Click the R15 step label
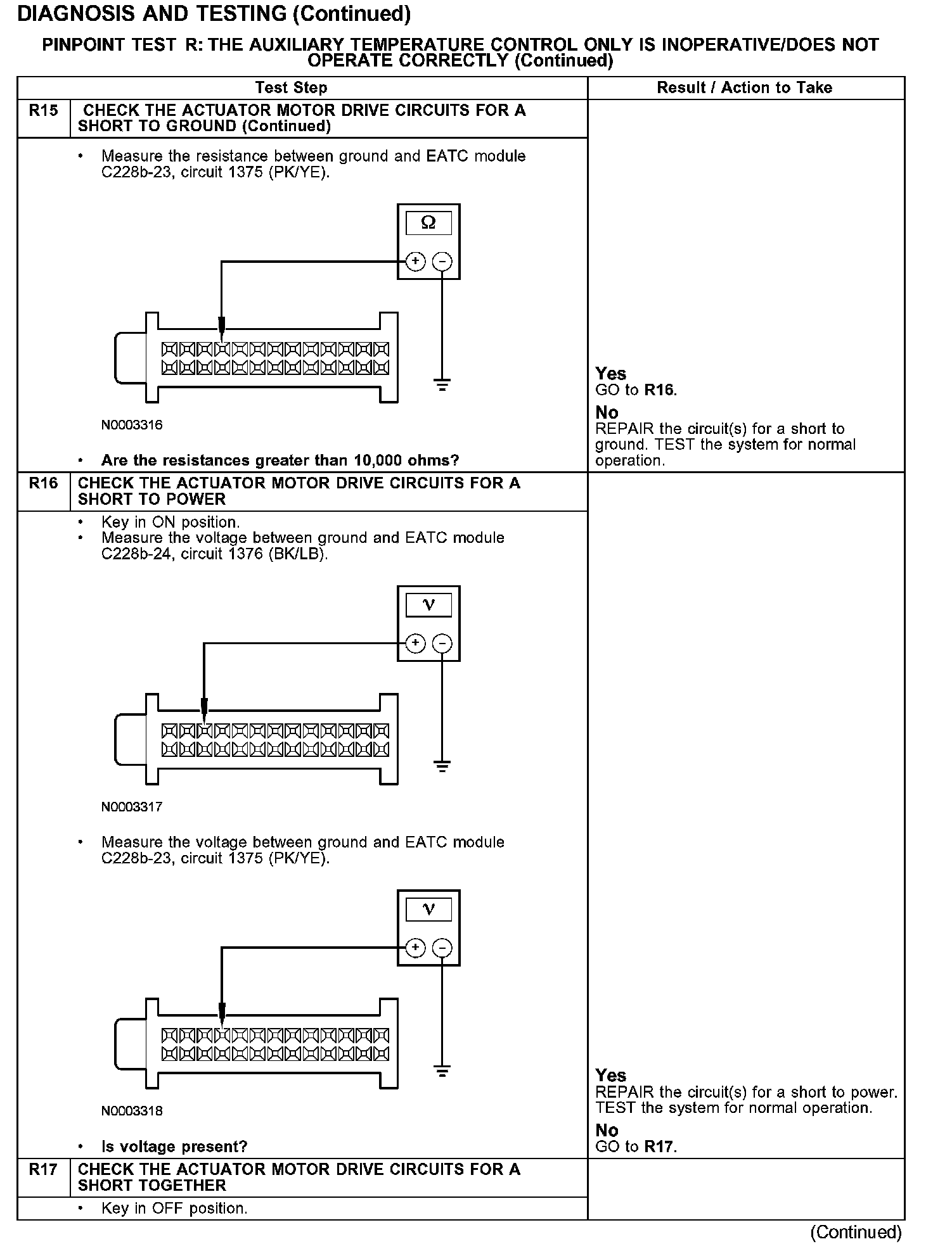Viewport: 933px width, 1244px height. (43, 111)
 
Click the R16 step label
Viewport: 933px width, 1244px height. (43, 483)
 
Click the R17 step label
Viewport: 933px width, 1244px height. (43, 1170)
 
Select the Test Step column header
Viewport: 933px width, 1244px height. (291, 88)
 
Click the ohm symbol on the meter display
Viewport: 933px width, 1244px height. (428, 223)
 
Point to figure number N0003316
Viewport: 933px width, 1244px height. (132, 425)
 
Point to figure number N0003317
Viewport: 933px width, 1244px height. (132, 807)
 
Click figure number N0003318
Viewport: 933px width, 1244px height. (132, 1111)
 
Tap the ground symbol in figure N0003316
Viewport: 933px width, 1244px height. (442, 384)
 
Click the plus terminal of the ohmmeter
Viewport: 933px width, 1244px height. (415, 261)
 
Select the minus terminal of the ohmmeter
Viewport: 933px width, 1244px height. (442, 261)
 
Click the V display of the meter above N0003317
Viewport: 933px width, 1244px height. (428, 606)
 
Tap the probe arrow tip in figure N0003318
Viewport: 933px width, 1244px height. (222, 1024)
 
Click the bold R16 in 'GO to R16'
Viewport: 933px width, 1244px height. (659, 390)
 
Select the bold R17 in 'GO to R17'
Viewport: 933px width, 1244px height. (659, 1146)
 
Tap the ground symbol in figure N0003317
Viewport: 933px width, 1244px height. (442, 766)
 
